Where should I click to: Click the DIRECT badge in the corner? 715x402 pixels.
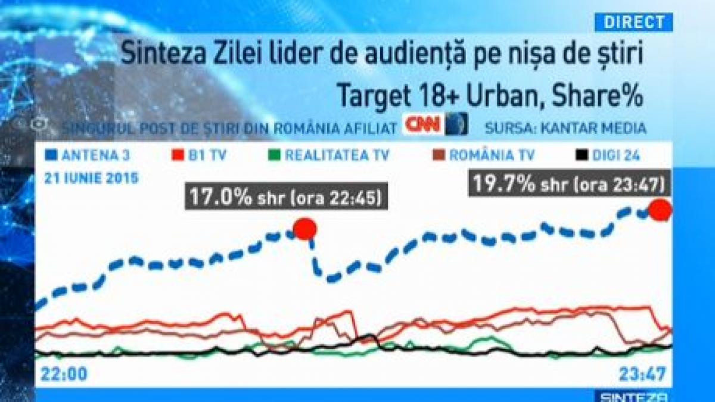634,22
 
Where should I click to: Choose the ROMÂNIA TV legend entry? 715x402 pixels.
483,156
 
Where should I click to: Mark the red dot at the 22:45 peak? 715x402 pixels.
305,229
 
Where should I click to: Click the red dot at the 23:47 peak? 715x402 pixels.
660,210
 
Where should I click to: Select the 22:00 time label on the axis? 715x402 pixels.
64,374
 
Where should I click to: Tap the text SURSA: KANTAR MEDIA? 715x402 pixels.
565,127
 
